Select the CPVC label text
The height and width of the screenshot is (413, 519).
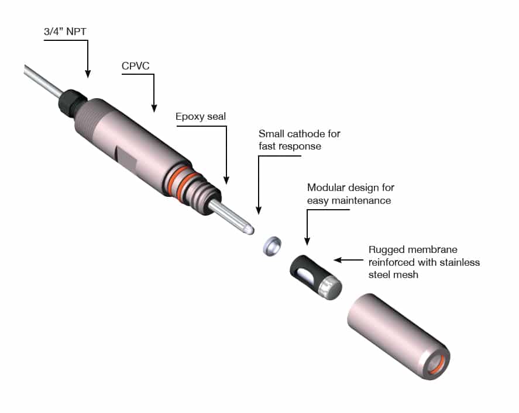(136, 66)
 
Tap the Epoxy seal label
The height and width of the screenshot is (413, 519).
(201, 116)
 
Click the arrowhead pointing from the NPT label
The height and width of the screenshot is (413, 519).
(88, 74)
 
